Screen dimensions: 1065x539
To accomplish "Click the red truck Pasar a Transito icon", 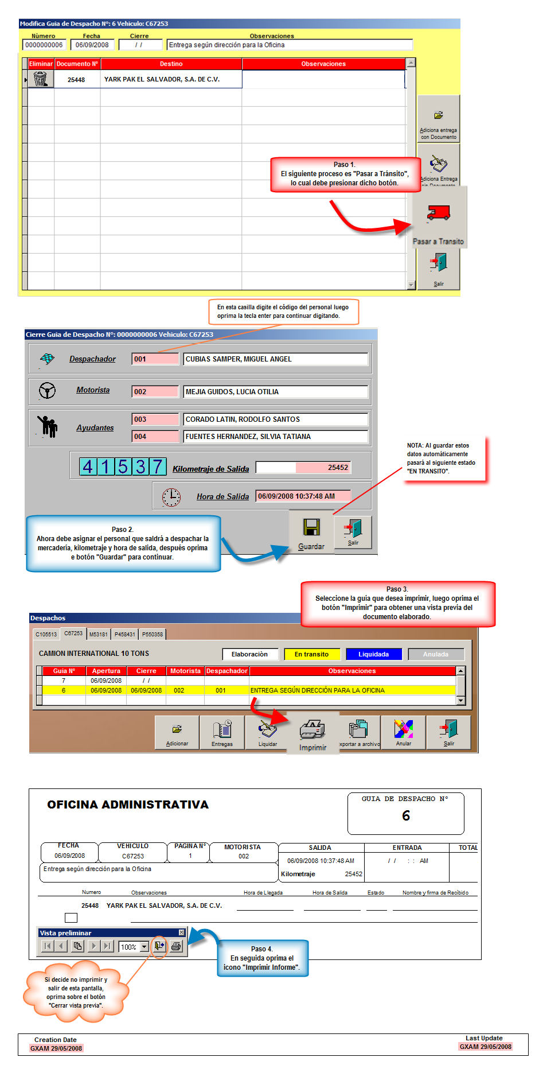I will point(439,213).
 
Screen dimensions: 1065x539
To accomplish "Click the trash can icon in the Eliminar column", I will point(40,79).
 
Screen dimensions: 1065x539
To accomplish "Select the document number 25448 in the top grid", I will point(76,80).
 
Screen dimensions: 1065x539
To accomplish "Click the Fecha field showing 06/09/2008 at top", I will point(92,45).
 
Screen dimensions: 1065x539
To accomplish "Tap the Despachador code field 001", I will point(155,359).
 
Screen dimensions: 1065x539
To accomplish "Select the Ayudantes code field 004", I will point(155,437).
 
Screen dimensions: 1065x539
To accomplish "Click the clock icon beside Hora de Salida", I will point(171,497).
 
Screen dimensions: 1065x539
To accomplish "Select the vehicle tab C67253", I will point(73,633).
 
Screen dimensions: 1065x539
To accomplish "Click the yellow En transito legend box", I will point(311,654).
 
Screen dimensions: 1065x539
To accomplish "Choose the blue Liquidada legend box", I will point(373,654).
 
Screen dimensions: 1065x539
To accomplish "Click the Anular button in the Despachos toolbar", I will point(404,732).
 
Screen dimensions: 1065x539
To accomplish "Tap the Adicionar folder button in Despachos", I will point(177,732).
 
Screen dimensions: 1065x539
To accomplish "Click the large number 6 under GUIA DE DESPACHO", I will point(406,815).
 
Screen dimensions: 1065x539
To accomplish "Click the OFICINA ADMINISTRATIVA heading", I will point(128,804).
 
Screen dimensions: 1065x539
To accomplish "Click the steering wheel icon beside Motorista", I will point(47,391).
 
